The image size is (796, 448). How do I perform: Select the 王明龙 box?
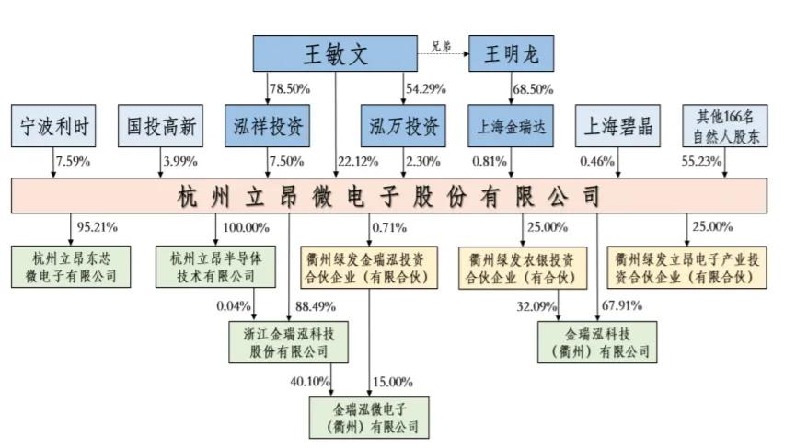pos(511,54)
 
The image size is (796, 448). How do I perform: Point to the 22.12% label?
pos(357,163)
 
